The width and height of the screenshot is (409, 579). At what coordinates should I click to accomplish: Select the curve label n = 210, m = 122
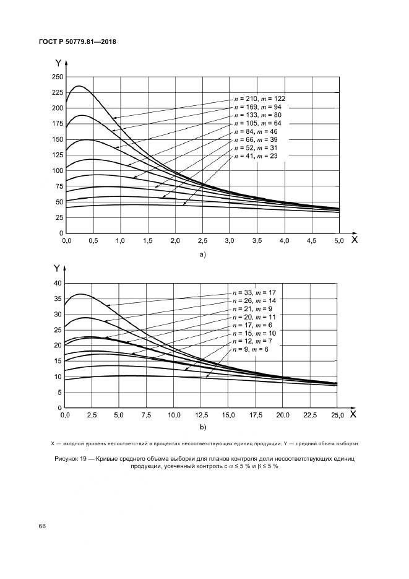point(259,98)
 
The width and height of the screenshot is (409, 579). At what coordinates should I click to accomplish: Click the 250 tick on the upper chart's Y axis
point(58,77)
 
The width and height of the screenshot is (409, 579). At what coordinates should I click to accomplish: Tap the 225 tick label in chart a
point(58,92)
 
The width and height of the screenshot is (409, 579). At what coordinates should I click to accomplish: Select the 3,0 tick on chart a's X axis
point(230,240)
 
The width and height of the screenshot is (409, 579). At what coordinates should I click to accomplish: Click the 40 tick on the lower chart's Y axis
point(59,283)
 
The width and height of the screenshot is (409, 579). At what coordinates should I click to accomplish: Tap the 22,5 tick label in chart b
point(310,415)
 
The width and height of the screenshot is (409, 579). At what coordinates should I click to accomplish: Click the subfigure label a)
point(202,254)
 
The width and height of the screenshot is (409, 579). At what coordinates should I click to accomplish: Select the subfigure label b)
point(202,428)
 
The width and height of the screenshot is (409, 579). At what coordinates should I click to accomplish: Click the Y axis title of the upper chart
point(58,63)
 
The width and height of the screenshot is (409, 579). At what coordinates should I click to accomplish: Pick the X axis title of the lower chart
point(352,413)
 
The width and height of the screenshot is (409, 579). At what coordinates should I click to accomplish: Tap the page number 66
point(43,526)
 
